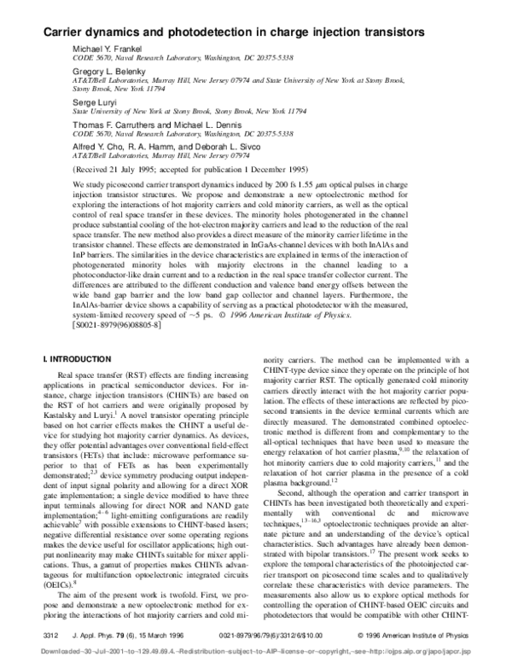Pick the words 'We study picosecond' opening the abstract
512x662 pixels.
click(108, 184)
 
